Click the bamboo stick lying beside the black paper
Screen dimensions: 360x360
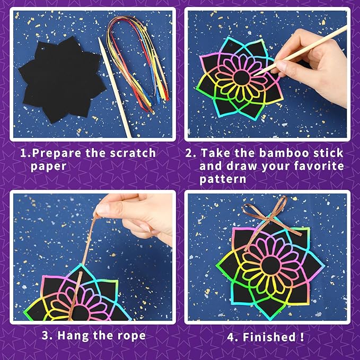tap(115, 85)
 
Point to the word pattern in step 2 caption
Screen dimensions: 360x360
tap(223, 179)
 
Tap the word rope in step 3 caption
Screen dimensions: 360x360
tap(130, 335)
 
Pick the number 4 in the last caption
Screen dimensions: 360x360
tap(232, 337)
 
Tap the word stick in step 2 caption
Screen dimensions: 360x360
tap(327, 153)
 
